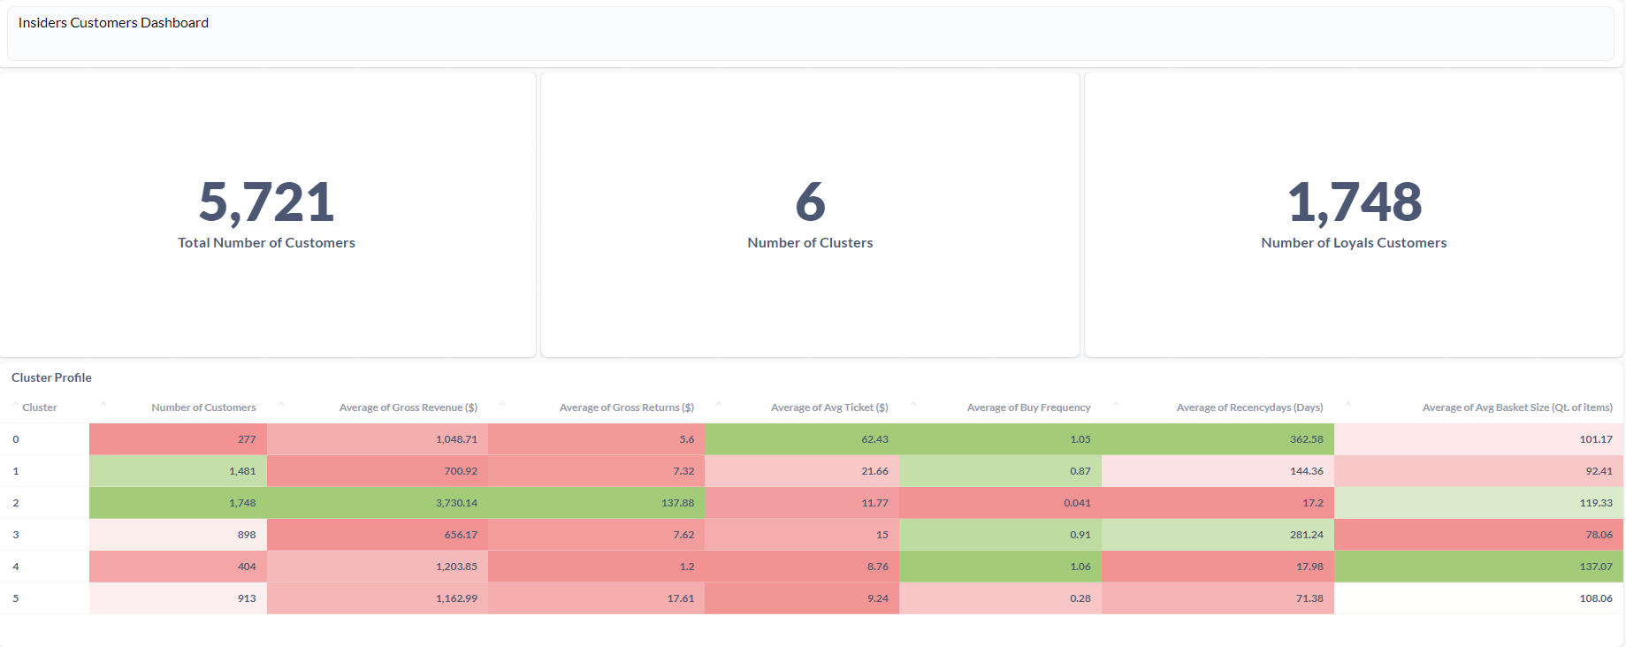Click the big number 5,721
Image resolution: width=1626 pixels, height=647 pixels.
266,202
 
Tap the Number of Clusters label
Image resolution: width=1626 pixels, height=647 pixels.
810,243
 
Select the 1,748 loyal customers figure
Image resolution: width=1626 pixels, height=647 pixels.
1354,202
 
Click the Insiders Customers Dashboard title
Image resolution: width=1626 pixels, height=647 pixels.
113,23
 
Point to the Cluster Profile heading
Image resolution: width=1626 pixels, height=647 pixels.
51,377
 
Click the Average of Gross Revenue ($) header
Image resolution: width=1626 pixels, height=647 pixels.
408,407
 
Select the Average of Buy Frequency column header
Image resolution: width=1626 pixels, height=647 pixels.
1028,407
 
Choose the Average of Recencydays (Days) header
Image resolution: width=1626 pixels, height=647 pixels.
1249,407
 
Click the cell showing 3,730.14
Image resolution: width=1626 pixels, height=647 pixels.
456,503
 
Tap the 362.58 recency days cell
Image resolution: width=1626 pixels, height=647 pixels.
1306,439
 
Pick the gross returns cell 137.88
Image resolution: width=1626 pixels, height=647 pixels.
677,503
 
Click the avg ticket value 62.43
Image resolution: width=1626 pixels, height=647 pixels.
874,439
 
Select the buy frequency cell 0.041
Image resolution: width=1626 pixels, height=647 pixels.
1077,503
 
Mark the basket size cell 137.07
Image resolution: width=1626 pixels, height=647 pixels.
1595,567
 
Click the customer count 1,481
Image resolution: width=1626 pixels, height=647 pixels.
242,471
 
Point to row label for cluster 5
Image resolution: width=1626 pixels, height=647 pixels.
16,598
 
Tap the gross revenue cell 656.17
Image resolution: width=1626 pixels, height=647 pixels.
461,535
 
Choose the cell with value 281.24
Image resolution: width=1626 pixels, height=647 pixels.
1306,535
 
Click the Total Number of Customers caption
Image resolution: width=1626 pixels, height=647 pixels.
266,243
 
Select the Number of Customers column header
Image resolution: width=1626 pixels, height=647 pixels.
203,407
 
